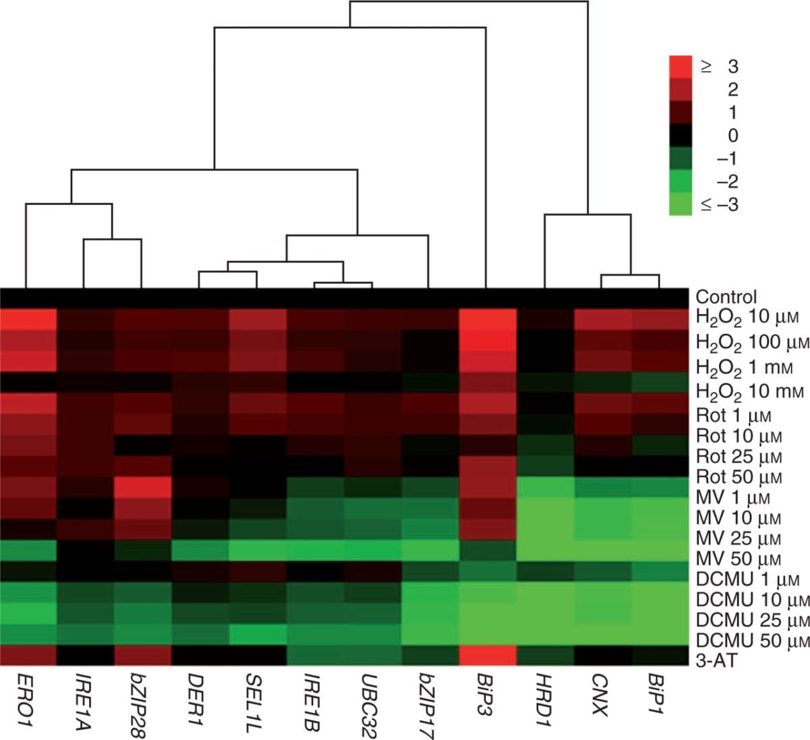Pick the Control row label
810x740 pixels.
pos(726,297)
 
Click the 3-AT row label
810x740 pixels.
pos(716,659)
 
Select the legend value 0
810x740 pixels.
pos(732,136)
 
